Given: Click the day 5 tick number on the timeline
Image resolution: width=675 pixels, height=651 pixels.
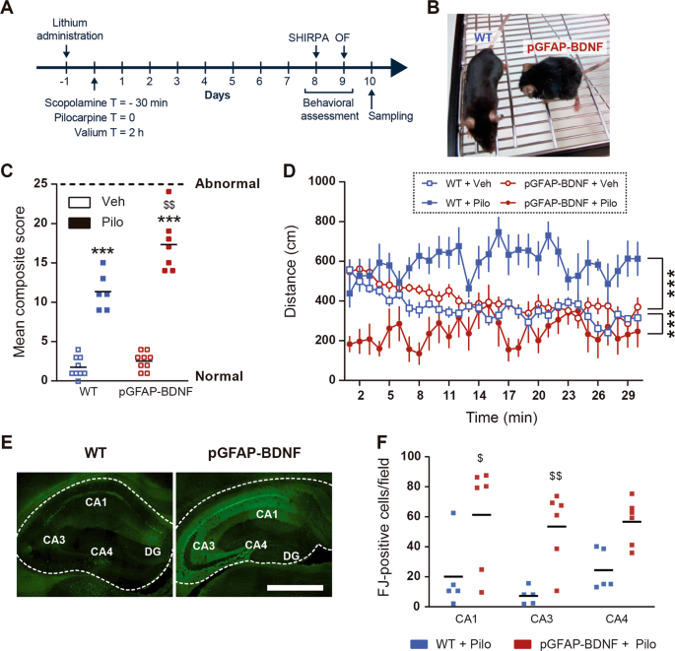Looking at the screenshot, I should click(x=233, y=85).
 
